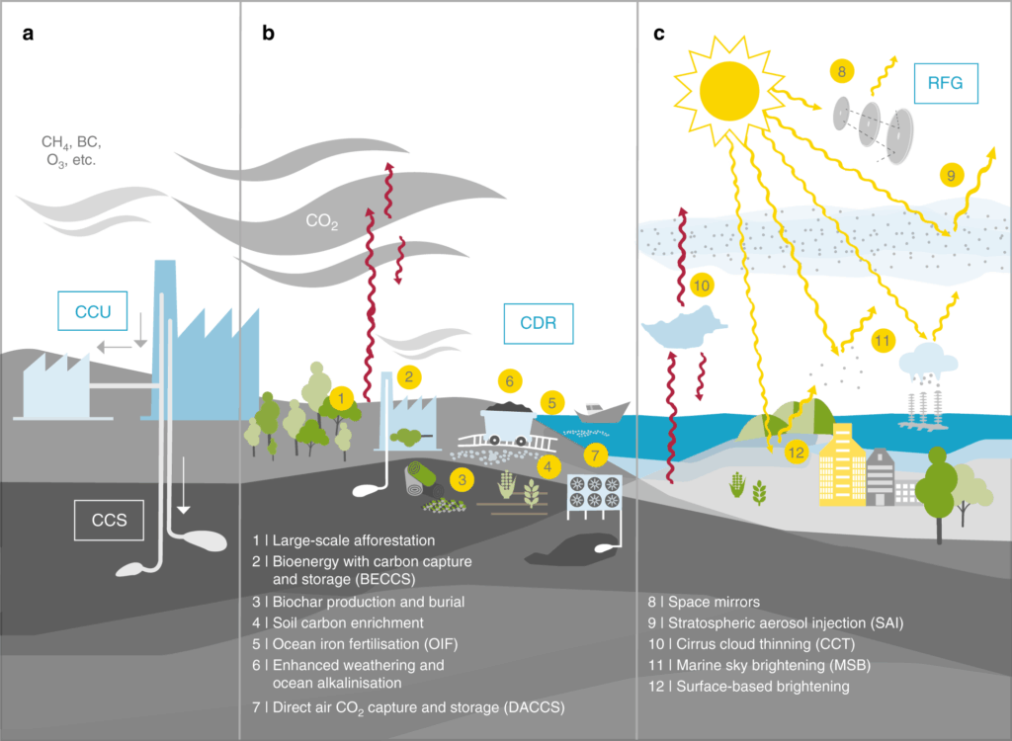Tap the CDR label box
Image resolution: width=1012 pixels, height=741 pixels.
pyautogui.click(x=539, y=322)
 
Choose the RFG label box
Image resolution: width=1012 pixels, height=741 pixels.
pyautogui.click(x=953, y=84)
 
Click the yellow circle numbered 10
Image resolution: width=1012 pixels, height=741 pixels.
pyautogui.click(x=702, y=286)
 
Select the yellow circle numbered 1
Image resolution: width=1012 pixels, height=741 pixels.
pyautogui.click(x=342, y=398)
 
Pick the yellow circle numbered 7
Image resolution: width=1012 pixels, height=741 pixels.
pyautogui.click(x=594, y=455)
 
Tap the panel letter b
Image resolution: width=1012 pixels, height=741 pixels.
pyautogui.click(x=268, y=34)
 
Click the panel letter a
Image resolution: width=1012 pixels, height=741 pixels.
pyautogui.click(x=30, y=34)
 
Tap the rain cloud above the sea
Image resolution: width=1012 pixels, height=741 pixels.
pyautogui.click(x=929, y=359)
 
